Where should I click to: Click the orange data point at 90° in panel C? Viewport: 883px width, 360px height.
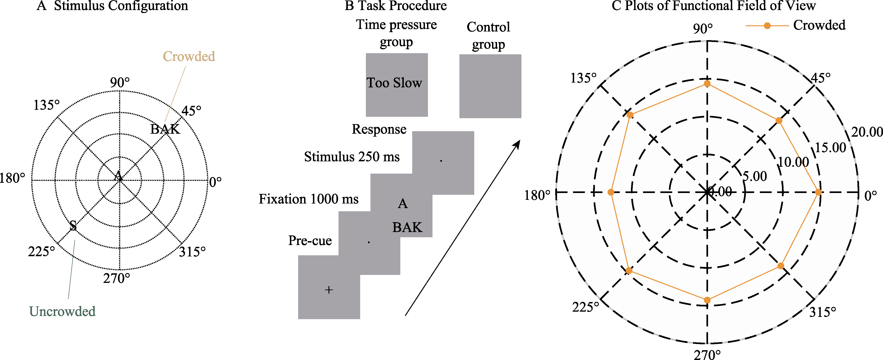[x=707, y=84]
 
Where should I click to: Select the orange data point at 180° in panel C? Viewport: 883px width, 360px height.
[x=611, y=192]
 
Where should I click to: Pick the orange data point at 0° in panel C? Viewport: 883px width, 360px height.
[x=818, y=192]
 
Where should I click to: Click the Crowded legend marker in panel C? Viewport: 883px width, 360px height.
[x=767, y=26]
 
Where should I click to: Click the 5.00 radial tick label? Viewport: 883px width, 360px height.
[x=755, y=176]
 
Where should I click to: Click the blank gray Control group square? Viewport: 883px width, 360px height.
[x=490, y=86]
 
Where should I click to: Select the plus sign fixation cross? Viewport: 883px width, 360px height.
[x=329, y=290]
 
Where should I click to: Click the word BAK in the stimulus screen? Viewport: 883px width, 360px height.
[x=407, y=227]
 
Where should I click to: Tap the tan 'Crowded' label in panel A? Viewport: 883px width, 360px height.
[x=189, y=56]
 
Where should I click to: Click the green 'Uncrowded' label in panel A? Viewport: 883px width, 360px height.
[x=62, y=311]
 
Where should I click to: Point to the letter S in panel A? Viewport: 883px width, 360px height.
[x=73, y=226]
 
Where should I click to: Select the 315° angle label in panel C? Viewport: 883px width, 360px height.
[x=823, y=312]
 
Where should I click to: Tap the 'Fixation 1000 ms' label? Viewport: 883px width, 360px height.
[x=308, y=199]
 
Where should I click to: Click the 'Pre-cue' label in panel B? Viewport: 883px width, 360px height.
[x=310, y=241]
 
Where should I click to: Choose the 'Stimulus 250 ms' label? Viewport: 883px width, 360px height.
[x=352, y=157]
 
